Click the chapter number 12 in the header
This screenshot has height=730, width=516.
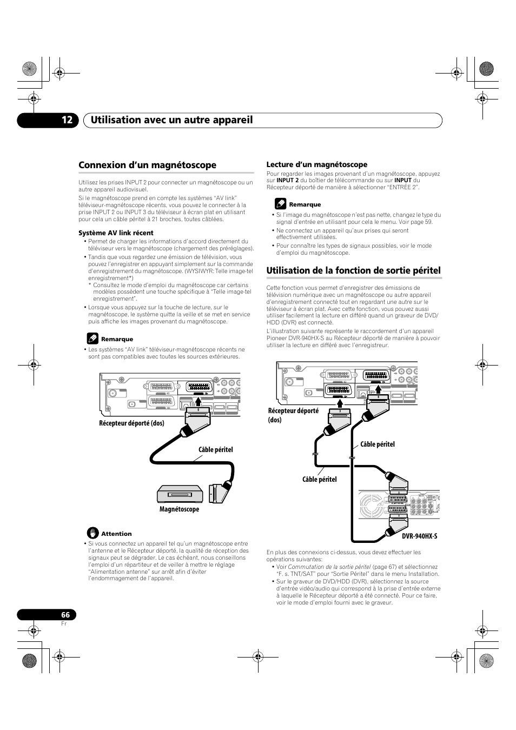tap(67, 120)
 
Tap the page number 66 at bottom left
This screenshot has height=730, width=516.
tap(65, 615)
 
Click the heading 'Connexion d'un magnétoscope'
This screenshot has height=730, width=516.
tap(147, 165)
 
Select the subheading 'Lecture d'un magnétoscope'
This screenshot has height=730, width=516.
tap(316, 164)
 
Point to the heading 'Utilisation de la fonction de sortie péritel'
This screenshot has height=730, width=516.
tap(353, 270)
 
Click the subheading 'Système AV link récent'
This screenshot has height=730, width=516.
tap(116, 233)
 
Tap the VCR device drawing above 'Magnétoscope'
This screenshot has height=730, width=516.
tap(180, 494)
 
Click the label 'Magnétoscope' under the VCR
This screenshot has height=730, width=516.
tap(179, 509)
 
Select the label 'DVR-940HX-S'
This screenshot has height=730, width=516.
tap(420, 536)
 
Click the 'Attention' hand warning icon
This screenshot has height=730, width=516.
tap(92, 533)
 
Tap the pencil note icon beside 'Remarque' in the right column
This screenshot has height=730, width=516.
tap(280, 204)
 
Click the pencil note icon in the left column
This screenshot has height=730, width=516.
tap(92, 339)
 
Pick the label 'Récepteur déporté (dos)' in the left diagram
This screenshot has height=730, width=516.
tap(131, 423)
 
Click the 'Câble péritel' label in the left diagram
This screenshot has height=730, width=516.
tap(215, 449)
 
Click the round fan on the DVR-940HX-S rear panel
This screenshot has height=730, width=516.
tap(371, 507)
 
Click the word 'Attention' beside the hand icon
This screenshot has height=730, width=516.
tap(116, 534)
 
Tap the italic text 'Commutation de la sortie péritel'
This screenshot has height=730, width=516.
tap(329, 567)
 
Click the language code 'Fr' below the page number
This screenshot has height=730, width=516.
tap(63, 623)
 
